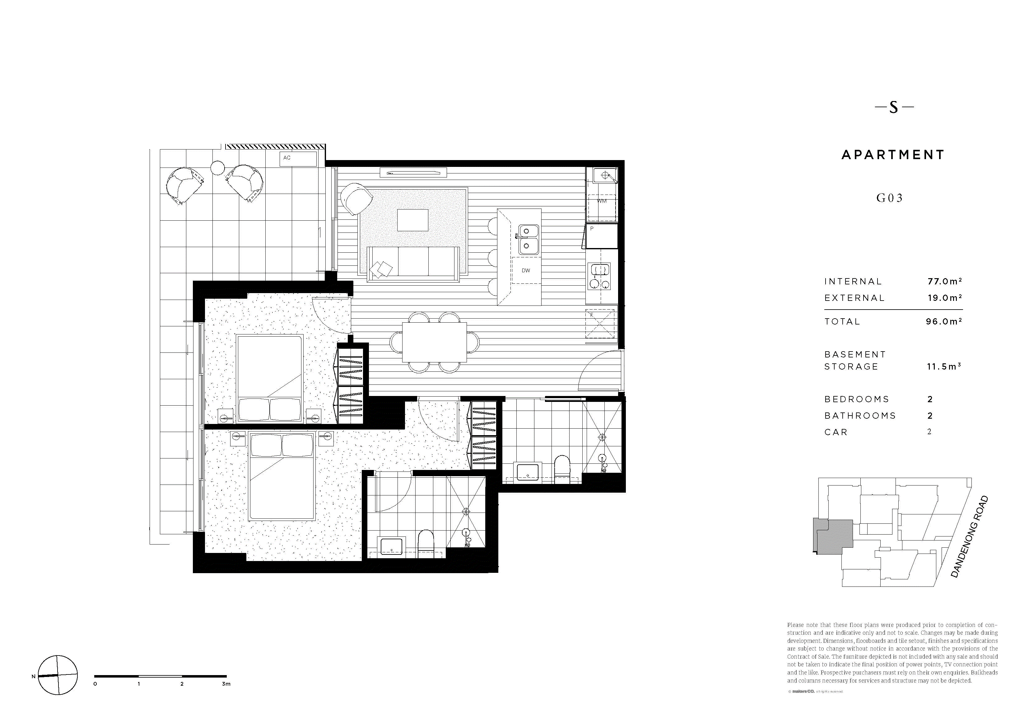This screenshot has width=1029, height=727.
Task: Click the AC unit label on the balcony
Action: tap(287, 158)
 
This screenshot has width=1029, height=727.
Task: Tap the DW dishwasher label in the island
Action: tap(526, 270)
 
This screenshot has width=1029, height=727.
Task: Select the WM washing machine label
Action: tap(602, 201)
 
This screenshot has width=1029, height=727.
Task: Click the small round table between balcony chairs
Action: tap(218, 168)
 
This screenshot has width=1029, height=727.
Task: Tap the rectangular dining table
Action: tap(434, 342)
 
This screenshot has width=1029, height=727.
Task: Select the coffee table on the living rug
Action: tap(412, 220)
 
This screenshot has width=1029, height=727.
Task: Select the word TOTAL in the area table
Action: tap(842, 322)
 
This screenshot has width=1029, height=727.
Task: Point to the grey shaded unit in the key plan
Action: tap(834, 537)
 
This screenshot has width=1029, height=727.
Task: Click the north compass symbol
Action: tap(57, 675)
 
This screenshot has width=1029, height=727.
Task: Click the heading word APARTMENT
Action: tap(893, 155)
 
